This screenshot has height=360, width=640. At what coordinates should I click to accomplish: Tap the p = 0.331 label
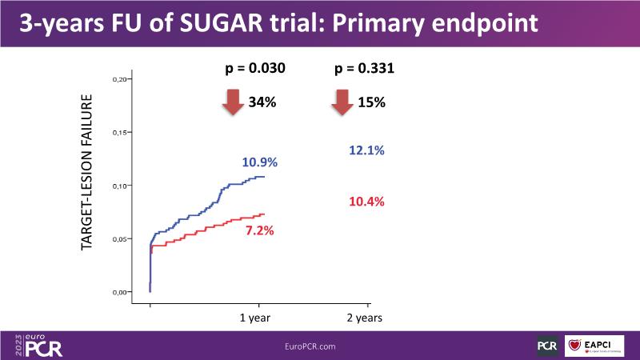[x=363, y=70]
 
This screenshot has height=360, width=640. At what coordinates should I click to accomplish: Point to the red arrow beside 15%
[x=342, y=102]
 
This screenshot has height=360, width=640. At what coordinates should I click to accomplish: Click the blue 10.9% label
[x=259, y=162]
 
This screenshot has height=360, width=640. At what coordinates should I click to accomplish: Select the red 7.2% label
[x=259, y=230]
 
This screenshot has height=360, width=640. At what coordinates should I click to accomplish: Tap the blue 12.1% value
[x=367, y=150]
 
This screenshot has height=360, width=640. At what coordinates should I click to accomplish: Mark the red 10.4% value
[x=367, y=201]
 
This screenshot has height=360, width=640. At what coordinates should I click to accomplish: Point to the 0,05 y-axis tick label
[x=120, y=239]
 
